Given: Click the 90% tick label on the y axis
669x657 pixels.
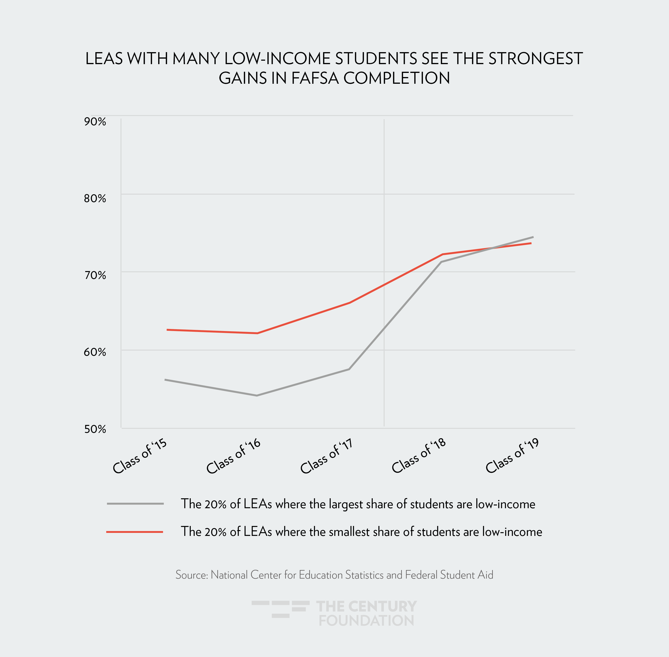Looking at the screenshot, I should pos(95,122).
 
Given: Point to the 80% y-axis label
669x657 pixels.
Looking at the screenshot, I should pos(95,198).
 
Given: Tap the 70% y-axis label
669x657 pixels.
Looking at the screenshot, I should pos(95,275).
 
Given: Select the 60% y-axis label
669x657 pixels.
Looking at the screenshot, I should pos(95,352).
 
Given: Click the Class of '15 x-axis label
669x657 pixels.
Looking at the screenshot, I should pos(140,457).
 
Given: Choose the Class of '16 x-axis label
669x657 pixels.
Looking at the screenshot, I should pos(233,457).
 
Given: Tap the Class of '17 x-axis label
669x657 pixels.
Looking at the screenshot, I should pos(327,457).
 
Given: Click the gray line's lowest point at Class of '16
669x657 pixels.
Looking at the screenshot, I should pos(257,395).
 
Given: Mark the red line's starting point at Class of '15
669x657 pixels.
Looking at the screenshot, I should pos(167,330).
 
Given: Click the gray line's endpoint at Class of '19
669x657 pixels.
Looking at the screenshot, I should pos(533,237).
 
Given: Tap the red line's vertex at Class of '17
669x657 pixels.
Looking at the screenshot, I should pos(350,303).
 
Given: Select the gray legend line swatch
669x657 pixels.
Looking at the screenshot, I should pos(135,504).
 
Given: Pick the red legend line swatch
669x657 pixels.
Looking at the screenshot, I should pos(135,532).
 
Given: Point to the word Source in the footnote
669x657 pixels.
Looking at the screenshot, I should pos(191,575).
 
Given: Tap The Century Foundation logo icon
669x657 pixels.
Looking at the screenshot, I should pos(280,609).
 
